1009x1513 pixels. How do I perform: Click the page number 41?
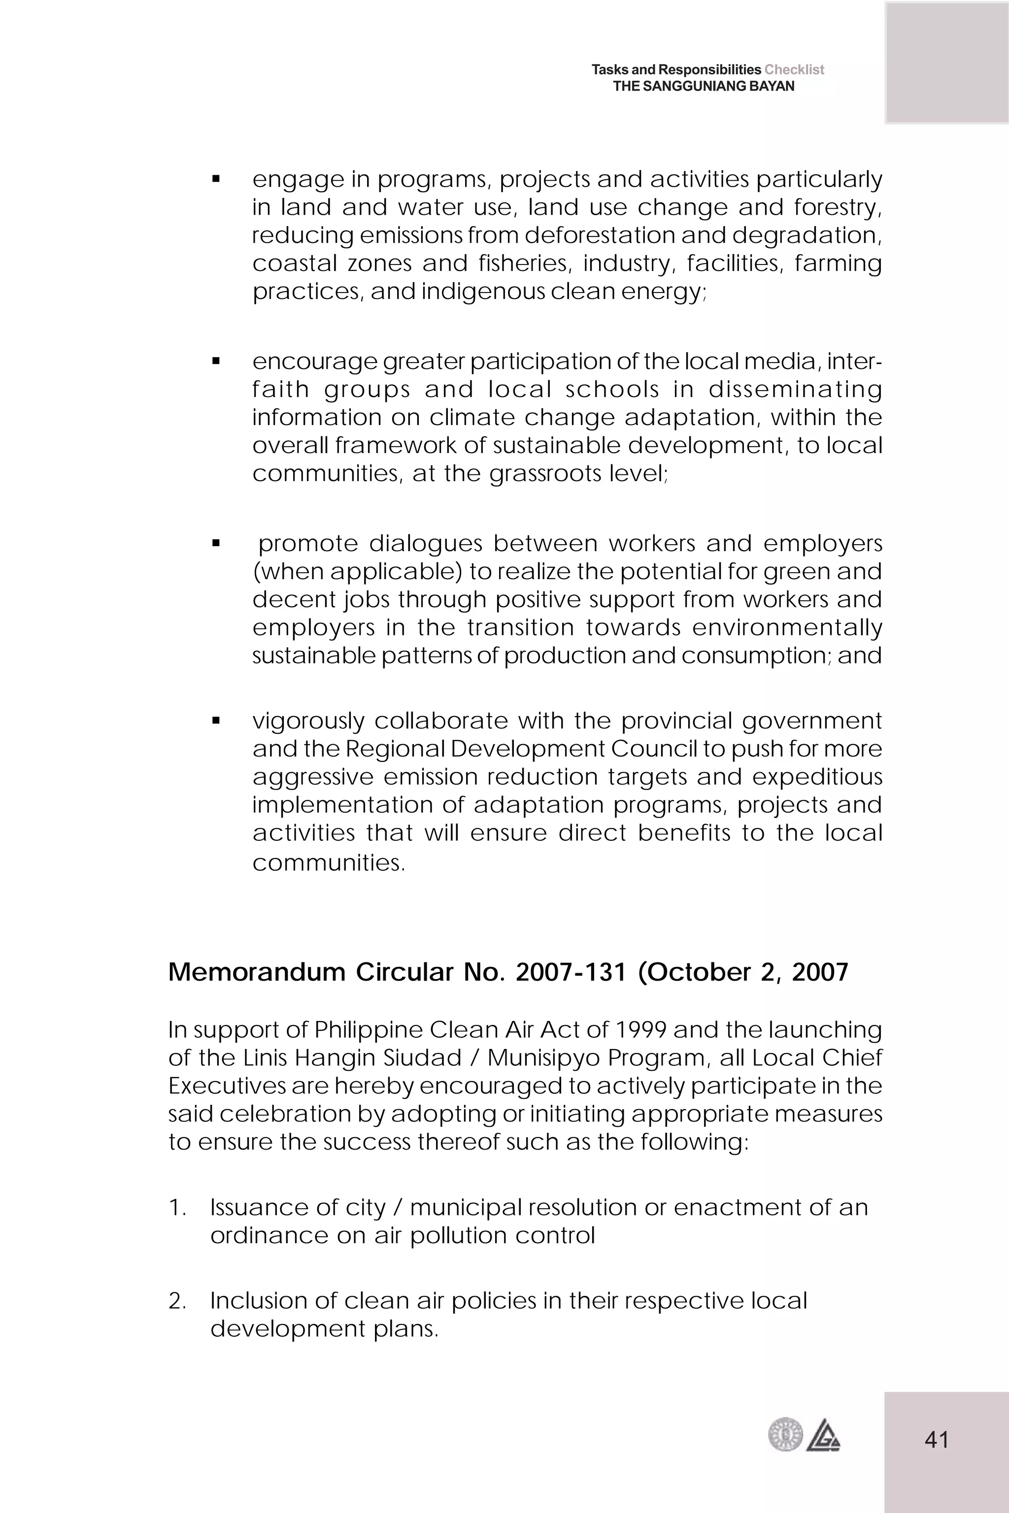pos(936,1439)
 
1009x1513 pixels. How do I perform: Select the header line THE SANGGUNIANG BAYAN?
pos(704,86)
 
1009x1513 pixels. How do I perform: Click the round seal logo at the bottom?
pos(785,1435)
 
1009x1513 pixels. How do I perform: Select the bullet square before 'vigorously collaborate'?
pos(216,721)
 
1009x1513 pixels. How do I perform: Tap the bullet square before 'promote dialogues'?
pos(216,544)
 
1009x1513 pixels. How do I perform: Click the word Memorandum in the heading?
pos(257,972)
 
